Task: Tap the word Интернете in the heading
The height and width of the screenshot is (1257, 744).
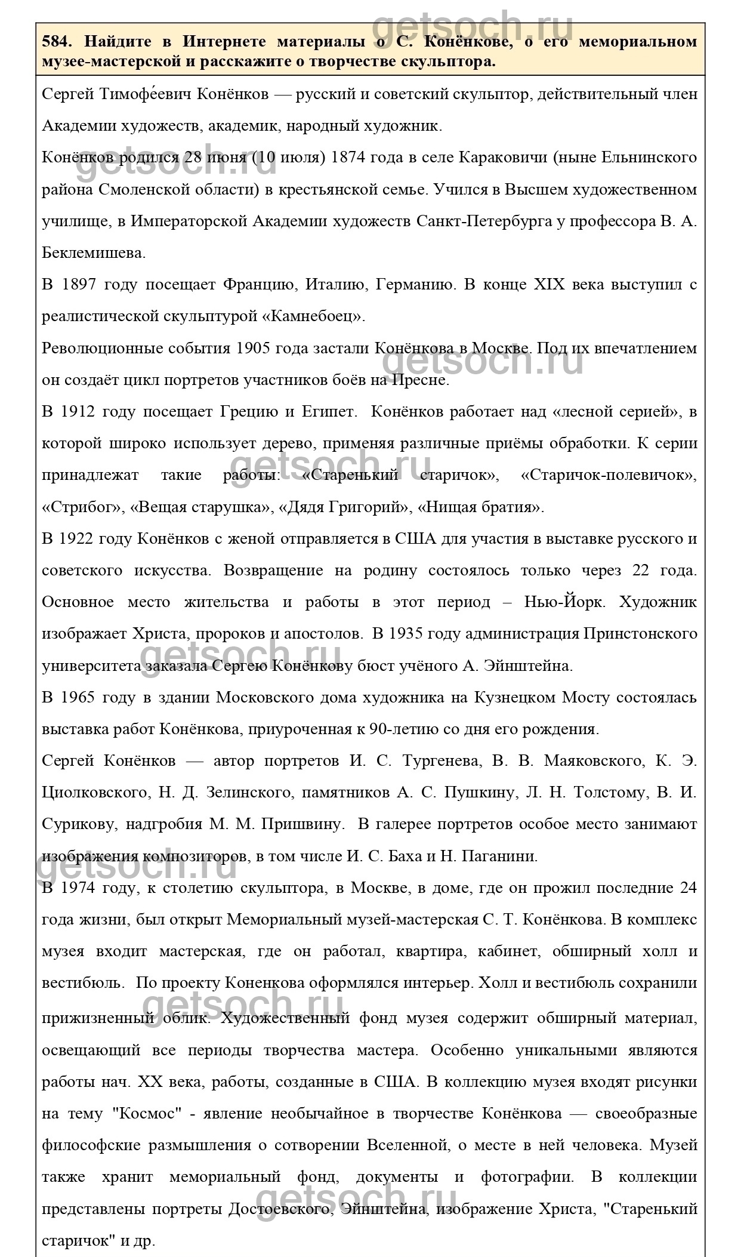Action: point(223,42)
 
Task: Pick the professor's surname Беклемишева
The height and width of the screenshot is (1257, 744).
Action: point(93,253)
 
